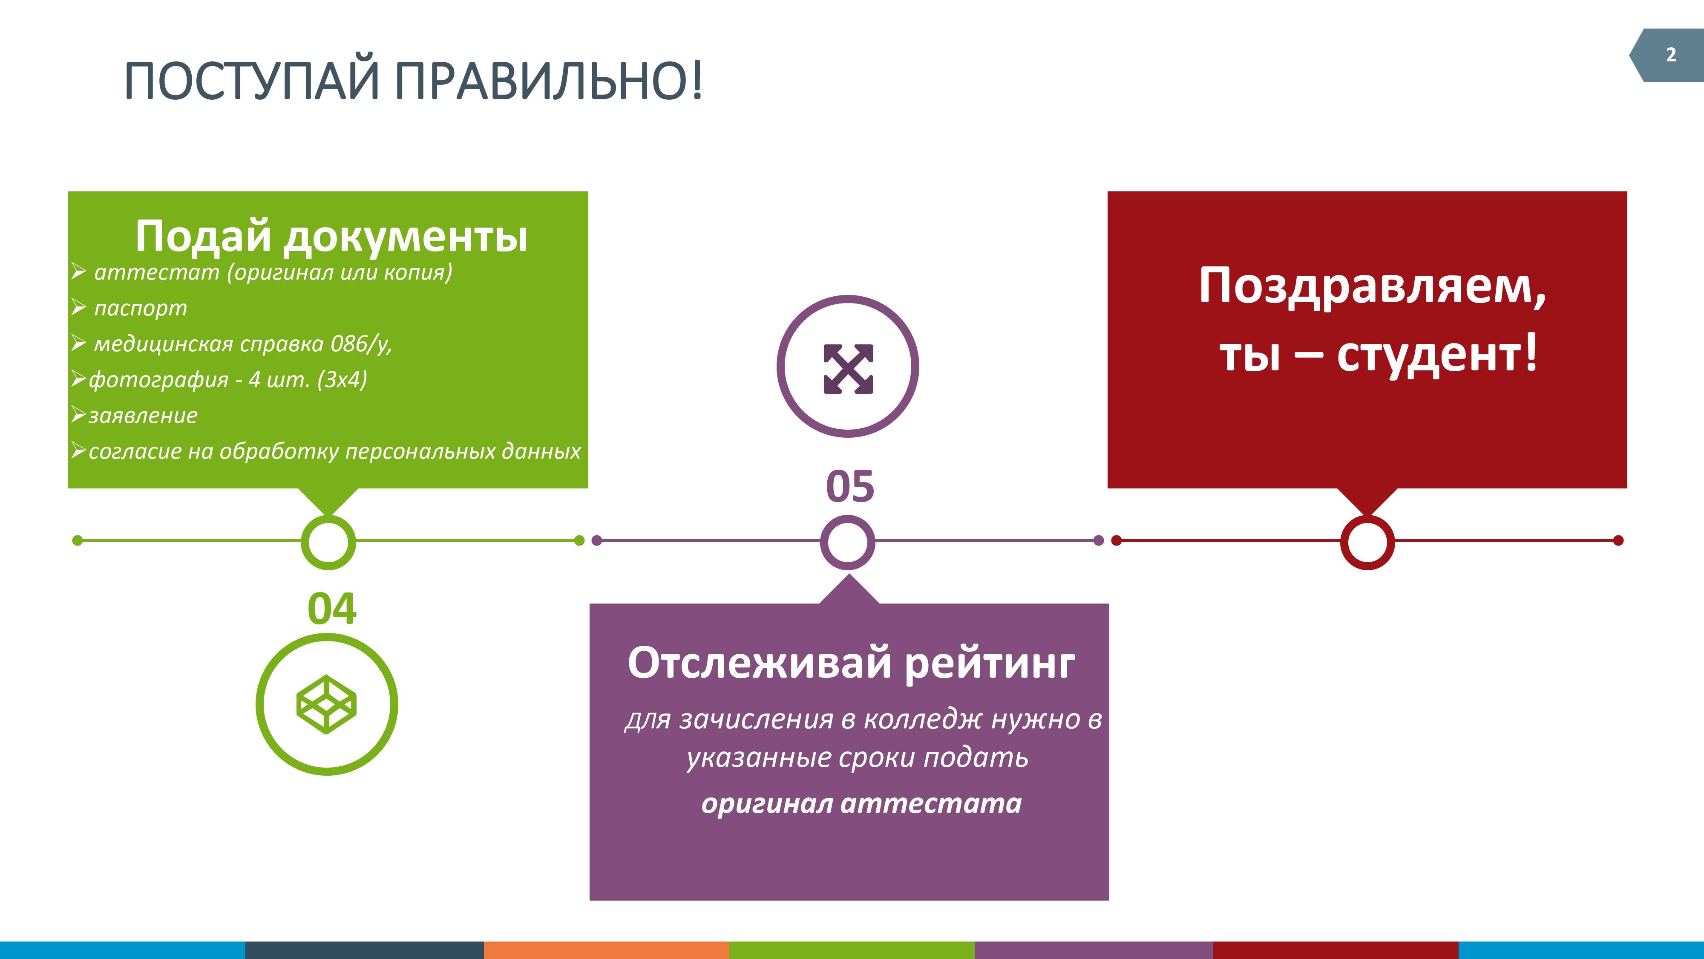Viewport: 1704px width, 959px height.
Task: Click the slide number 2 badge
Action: pos(1666,55)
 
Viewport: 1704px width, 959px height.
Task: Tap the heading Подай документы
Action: pos(331,236)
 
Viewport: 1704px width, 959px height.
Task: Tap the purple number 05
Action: pos(850,486)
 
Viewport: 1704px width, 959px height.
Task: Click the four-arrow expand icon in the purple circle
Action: pos(848,369)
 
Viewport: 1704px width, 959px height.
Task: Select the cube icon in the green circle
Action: pos(327,704)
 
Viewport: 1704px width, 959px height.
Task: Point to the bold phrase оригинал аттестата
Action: pos(861,803)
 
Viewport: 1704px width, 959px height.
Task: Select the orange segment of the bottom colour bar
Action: pos(606,950)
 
